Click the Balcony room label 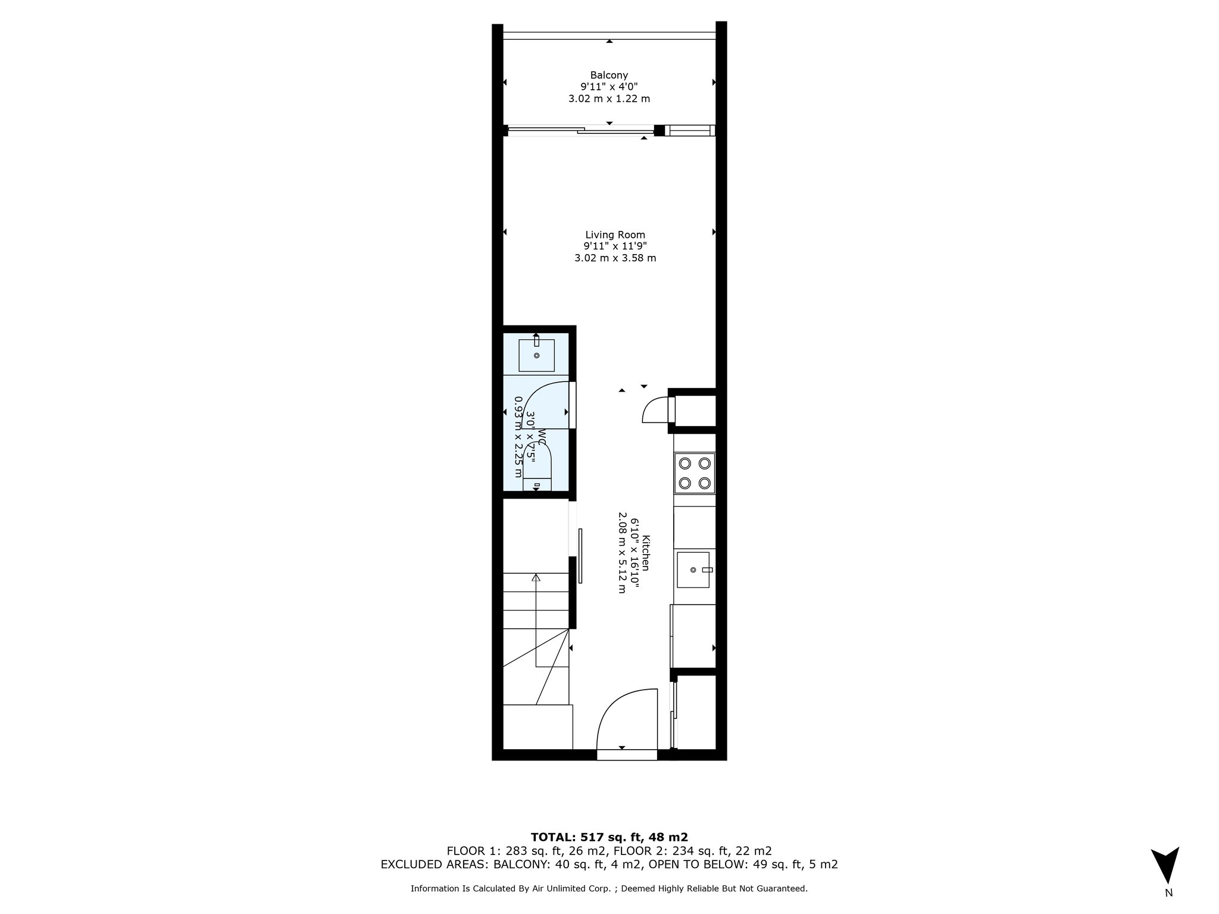[x=609, y=75]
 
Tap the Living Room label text [x=615, y=235]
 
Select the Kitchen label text [x=646, y=553]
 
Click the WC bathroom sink [x=536, y=355]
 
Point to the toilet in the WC [x=537, y=467]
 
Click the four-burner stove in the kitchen [x=694, y=473]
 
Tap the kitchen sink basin [x=693, y=569]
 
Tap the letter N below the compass [x=1168, y=909]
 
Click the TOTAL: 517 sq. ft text [x=609, y=837]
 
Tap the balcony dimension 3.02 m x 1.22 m [x=609, y=99]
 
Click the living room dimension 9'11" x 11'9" [x=615, y=246]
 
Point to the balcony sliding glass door [x=580, y=130]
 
